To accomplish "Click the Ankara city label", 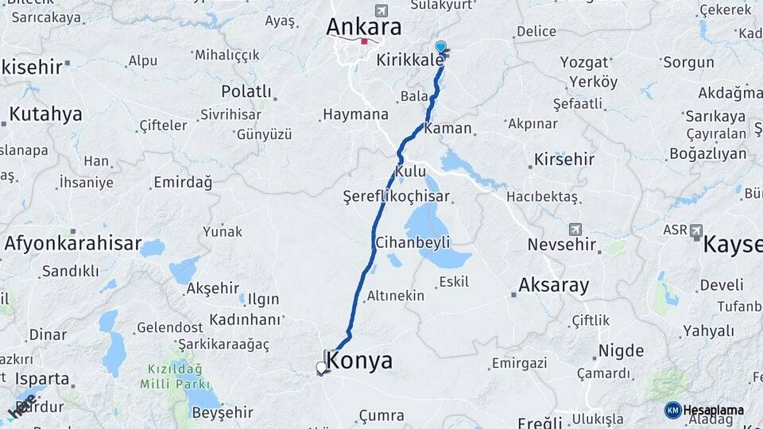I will tap(363, 26).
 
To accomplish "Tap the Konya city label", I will tap(359, 361).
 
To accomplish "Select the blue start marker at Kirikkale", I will tap(440, 47).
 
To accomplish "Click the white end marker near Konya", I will tap(321, 367).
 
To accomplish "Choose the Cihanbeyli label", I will tap(412, 242).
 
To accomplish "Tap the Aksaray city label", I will tap(553, 285).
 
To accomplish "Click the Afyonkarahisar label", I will tap(72, 244).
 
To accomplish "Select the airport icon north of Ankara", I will tap(381, 10).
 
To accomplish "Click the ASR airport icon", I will tap(696, 230).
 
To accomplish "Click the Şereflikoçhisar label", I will tap(396, 196).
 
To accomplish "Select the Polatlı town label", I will tap(246, 92).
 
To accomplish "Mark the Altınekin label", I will tap(396, 296).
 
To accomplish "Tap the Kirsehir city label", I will tap(564, 159).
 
